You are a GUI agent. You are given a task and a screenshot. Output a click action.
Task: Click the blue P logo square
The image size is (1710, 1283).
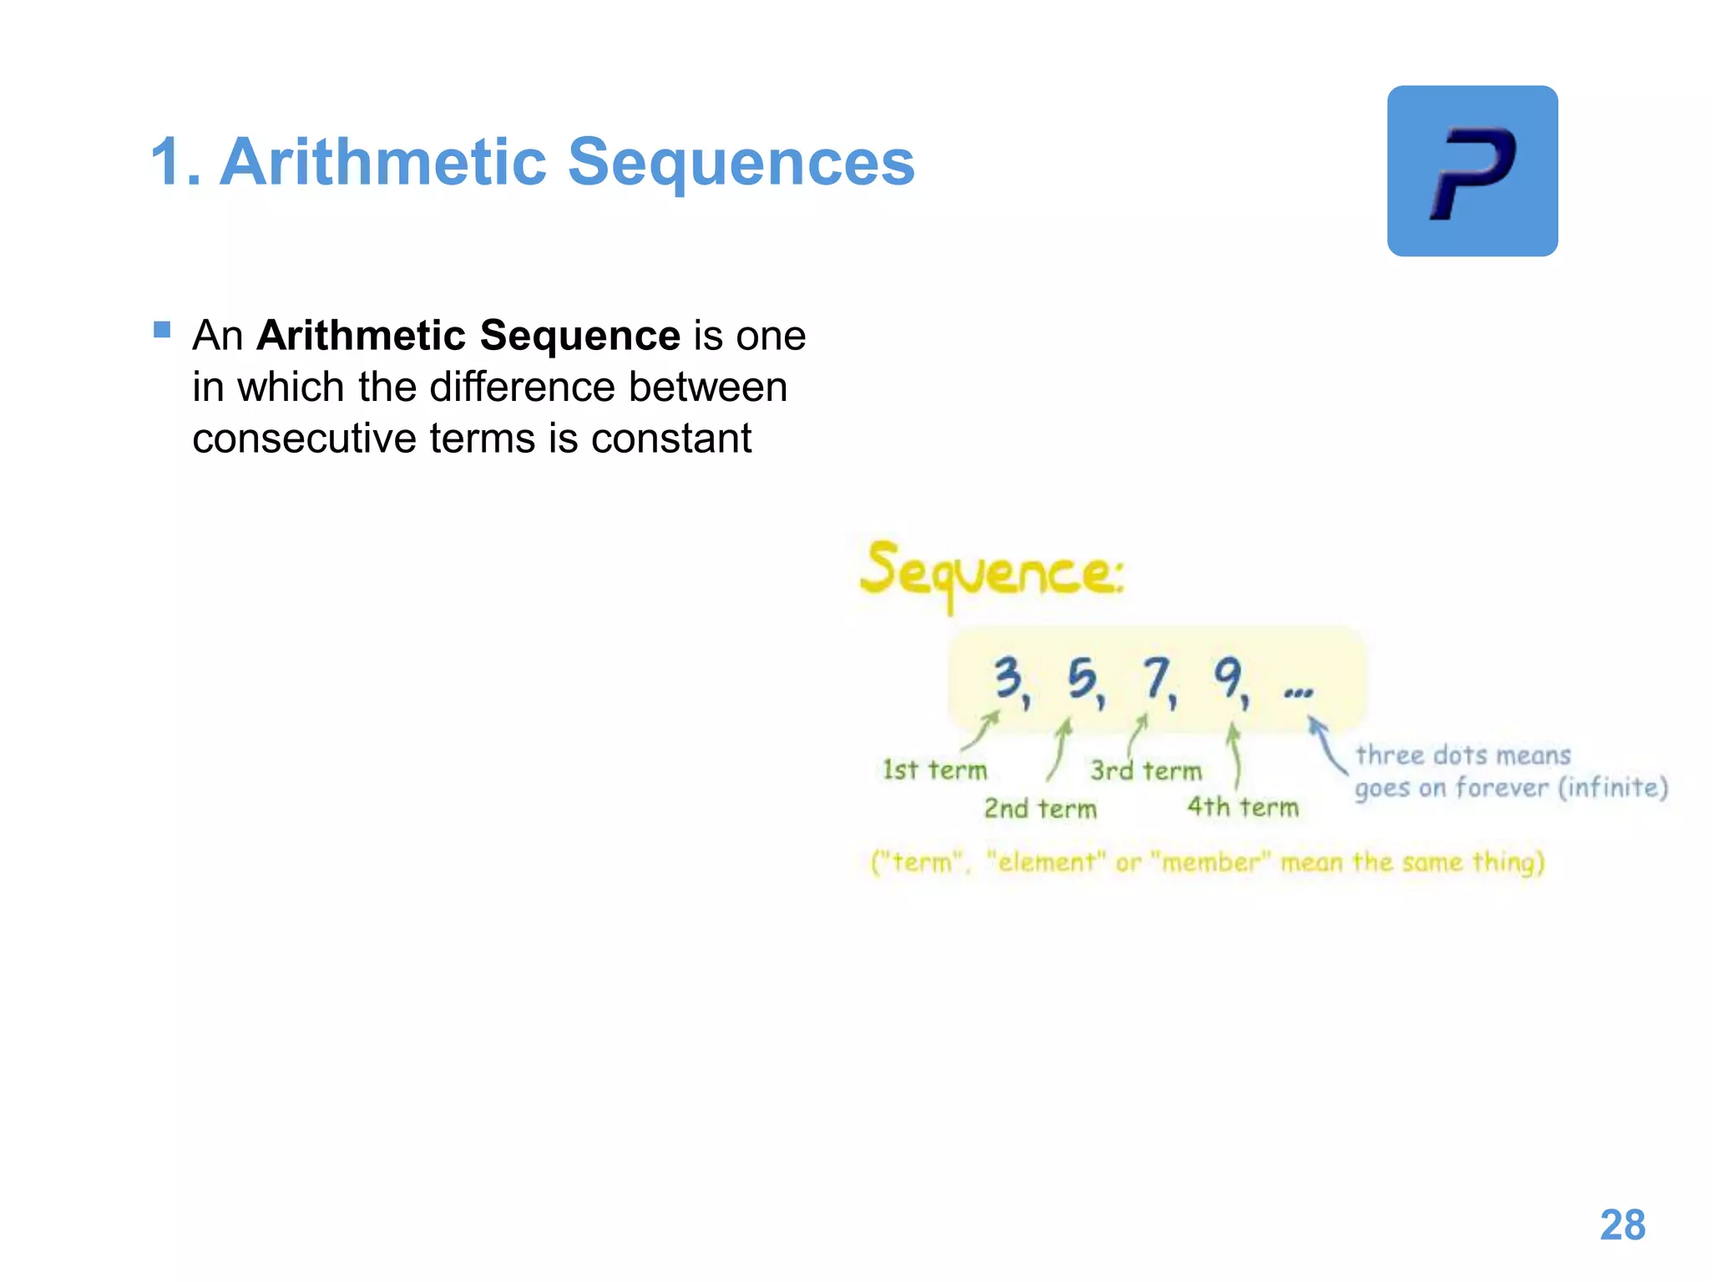point(1472,171)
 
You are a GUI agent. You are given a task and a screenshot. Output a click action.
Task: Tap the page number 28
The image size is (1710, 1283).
point(1622,1225)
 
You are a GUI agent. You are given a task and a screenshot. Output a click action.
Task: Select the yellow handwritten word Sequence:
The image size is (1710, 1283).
point(992,573)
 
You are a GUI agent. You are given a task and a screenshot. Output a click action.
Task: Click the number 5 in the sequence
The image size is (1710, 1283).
point(1082,678)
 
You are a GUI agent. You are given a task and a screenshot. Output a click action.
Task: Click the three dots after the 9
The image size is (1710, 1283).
point(1298,692)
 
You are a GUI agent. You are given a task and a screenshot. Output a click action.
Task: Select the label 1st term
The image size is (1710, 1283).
point(934,770)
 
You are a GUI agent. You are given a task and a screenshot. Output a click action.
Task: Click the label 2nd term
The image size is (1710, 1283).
point(1040,809)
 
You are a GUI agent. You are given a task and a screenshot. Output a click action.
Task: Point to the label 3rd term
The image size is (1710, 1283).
point(1146,770)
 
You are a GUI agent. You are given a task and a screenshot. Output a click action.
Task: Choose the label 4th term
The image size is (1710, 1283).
point(1242,807)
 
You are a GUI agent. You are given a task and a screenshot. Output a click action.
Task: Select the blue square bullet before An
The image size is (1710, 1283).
point(162,330)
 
